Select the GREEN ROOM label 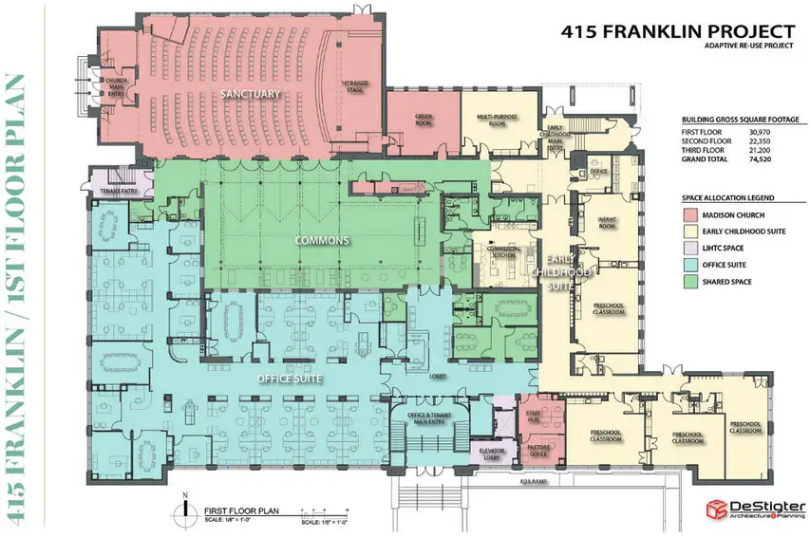424,120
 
